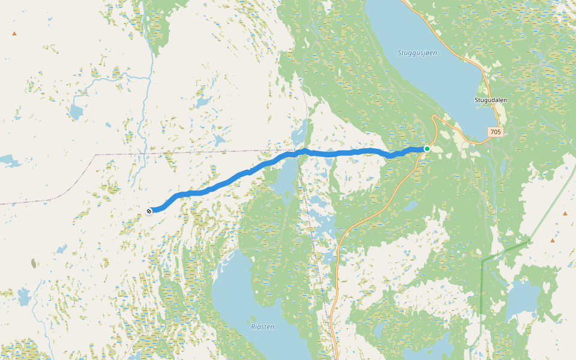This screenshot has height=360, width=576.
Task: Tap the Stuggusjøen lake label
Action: tap(417, 53)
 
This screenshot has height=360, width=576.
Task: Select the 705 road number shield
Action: tap(495, 131)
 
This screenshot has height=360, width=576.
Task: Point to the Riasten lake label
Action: tap(262, 326)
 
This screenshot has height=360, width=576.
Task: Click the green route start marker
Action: tap(427, 149)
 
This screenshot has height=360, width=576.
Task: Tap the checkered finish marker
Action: tap(149, 211)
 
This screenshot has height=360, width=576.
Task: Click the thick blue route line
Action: tap(336, 154)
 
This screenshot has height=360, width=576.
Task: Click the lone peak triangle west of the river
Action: tap(14, 34)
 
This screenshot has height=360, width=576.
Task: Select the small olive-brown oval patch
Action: tap(33, 263)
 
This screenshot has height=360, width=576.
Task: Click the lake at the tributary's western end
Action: tap(76, 112)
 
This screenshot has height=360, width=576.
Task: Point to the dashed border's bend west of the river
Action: tap(95, 155)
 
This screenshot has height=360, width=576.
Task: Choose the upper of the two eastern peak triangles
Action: tap(565, 214)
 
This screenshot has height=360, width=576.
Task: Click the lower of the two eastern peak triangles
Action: tap(553, 241)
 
